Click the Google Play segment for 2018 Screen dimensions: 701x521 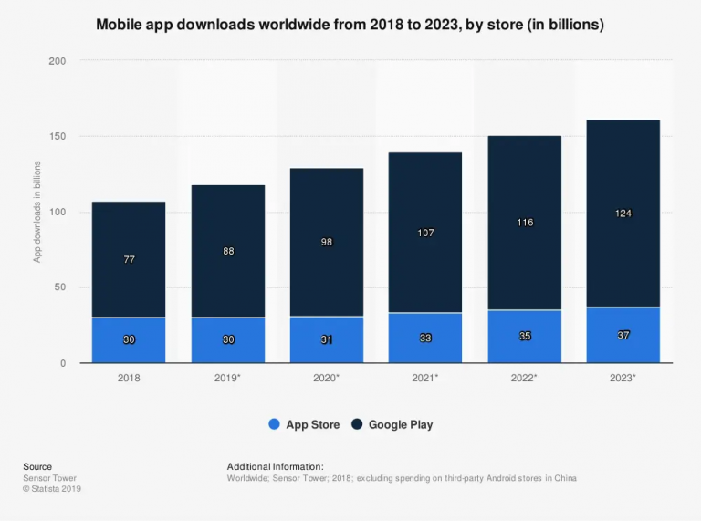click(x=129, y=260)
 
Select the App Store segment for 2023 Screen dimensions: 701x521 click(x=623, y=335)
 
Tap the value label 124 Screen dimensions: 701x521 click(x=623, y=214)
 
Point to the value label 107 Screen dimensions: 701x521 click(x=425, y=233)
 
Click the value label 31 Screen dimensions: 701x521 click(x=327, y=339)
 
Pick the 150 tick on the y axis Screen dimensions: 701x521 click(x=58, y=136)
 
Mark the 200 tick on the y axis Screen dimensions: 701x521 click(x=58, y=61)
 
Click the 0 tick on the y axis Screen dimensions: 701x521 click(x=63, y=364)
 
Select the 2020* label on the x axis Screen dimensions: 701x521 click(x=327, y=378)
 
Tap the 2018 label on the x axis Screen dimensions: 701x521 click(x=129, y=378)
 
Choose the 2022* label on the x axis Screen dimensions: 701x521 click(x=524, y=378)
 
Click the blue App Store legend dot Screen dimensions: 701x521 click(x=274, y=424)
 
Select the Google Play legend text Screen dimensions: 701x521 click(x=401, y=424)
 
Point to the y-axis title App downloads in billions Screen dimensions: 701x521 click(x=37, y=212)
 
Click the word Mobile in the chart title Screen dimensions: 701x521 click(x=119, y=24)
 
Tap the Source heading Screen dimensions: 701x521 click(x=37, y=466)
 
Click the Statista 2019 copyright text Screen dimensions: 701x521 click(x=52, y=489)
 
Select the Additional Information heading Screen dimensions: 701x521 click(x=276, y=466)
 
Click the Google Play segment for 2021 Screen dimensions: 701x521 click(x=425, y=233)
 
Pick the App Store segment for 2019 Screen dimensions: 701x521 click(x=228, y=340)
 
